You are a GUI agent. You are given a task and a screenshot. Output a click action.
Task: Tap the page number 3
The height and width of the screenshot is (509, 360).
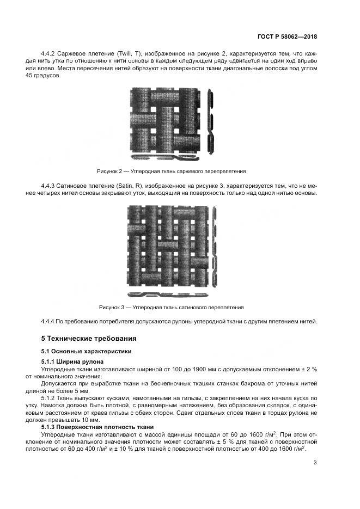pyautogui.click(x=315, y=463)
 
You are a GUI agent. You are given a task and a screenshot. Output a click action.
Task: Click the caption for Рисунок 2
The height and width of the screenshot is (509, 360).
pyautogui.click(x=171, y=170)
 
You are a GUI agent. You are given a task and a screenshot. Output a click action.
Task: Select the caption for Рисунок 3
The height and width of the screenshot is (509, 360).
pyautogui.click(x=171, y=307)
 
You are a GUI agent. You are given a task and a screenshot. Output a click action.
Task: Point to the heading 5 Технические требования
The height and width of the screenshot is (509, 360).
pyautogui.click(x=82, y=338)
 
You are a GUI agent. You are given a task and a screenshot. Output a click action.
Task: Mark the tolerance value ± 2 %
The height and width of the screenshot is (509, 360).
pyautogui.click(x=308, y=369)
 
